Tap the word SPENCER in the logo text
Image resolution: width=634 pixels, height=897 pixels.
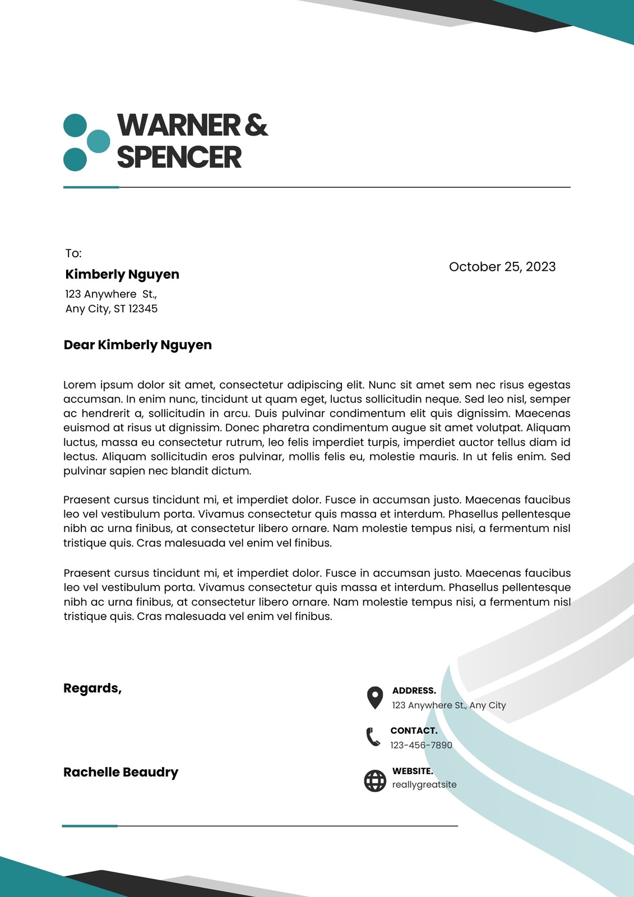coord(179,157)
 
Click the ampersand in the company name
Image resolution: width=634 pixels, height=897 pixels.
coord(256,124)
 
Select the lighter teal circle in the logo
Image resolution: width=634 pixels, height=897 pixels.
coord(99,141)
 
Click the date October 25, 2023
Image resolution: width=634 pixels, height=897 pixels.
coord(502,267)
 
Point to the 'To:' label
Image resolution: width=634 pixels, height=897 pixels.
coord(73,253)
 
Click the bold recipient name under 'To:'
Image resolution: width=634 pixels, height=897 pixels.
coord(122,274)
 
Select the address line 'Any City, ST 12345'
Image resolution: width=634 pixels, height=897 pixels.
coord(111,309)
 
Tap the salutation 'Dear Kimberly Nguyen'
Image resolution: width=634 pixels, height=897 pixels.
coord(137,345)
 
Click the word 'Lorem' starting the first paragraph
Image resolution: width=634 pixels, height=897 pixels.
coord(80,385)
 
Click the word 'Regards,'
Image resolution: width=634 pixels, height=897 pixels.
coord(92,688)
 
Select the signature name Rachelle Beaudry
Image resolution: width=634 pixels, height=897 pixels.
coord(121,772)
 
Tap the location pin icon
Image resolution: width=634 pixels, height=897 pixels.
coord(374,697)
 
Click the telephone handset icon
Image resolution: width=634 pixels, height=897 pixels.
coord(373,737)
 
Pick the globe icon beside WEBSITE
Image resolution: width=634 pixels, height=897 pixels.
coord(375,780)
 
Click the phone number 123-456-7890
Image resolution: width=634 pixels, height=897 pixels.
coord(421,745)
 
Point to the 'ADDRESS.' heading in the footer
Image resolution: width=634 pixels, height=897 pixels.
coord(414,691)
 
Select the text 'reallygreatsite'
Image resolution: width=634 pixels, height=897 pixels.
coord(424,785)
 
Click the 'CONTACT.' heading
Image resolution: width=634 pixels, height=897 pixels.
coord(414,730)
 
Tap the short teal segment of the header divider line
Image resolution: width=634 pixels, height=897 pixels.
coord(91,187)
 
